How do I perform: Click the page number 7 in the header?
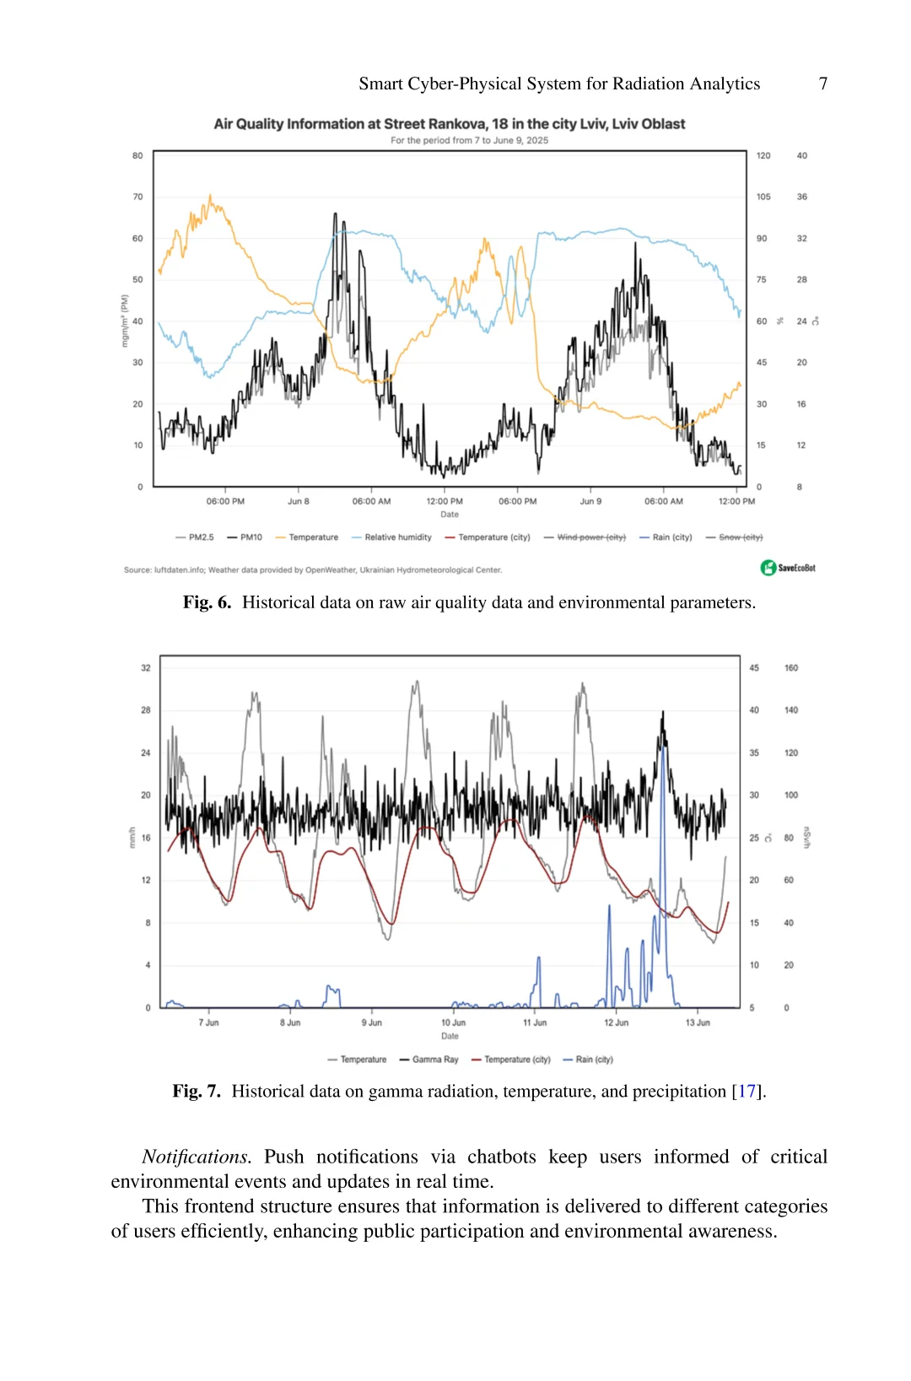click(822, 84)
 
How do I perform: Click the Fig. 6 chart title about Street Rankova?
click(449, 124)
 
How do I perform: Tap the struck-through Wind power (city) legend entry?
click(585, 537)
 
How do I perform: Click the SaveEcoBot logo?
click(788, 568)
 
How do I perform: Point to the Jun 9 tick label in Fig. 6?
click(590, 501)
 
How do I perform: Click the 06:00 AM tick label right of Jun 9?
click(664, 501)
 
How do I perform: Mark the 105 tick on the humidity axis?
click(763, 197)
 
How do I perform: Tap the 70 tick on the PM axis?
click(137, 197)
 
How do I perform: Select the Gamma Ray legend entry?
click(429, 1060)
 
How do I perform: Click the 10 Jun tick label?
click(453, 1022)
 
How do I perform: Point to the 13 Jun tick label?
click(698, 1022)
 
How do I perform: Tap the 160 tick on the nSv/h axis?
click(791, 668)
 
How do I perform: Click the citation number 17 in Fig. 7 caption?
click(747, 1092)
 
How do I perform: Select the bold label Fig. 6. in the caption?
click(207, 602)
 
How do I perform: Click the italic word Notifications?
click(196, 1157)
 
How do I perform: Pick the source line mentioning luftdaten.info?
click(313, 570)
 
